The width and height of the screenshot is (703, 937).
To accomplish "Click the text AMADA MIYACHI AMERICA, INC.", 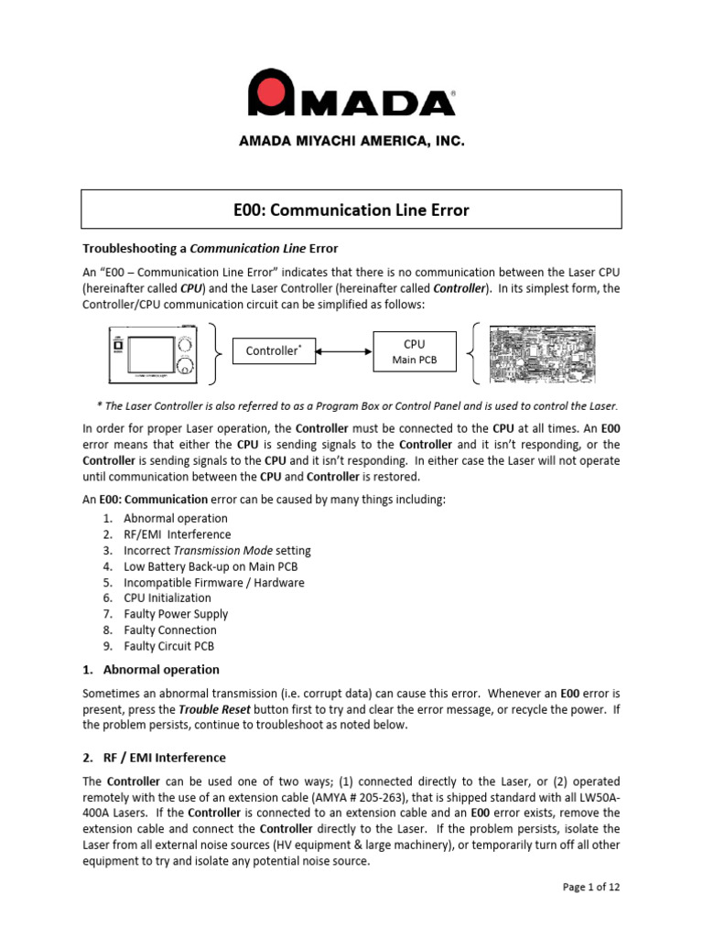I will [x=351, y=142].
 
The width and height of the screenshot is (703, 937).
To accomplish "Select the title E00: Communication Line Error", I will [x=351, y=210].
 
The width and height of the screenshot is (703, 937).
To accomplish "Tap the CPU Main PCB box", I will [x=414, y=351].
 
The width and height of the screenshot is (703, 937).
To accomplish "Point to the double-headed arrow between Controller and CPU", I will [x=343, y=350].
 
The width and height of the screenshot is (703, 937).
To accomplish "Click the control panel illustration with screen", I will [x=155, y=351].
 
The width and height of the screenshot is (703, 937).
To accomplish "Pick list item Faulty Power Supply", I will [x=176, y=614].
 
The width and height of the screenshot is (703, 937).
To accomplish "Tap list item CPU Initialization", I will [x=167, y=598].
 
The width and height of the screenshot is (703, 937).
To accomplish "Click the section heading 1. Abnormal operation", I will [x=151, y=669].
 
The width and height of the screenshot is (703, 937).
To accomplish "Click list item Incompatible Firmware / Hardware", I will [x=214, y=582].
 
